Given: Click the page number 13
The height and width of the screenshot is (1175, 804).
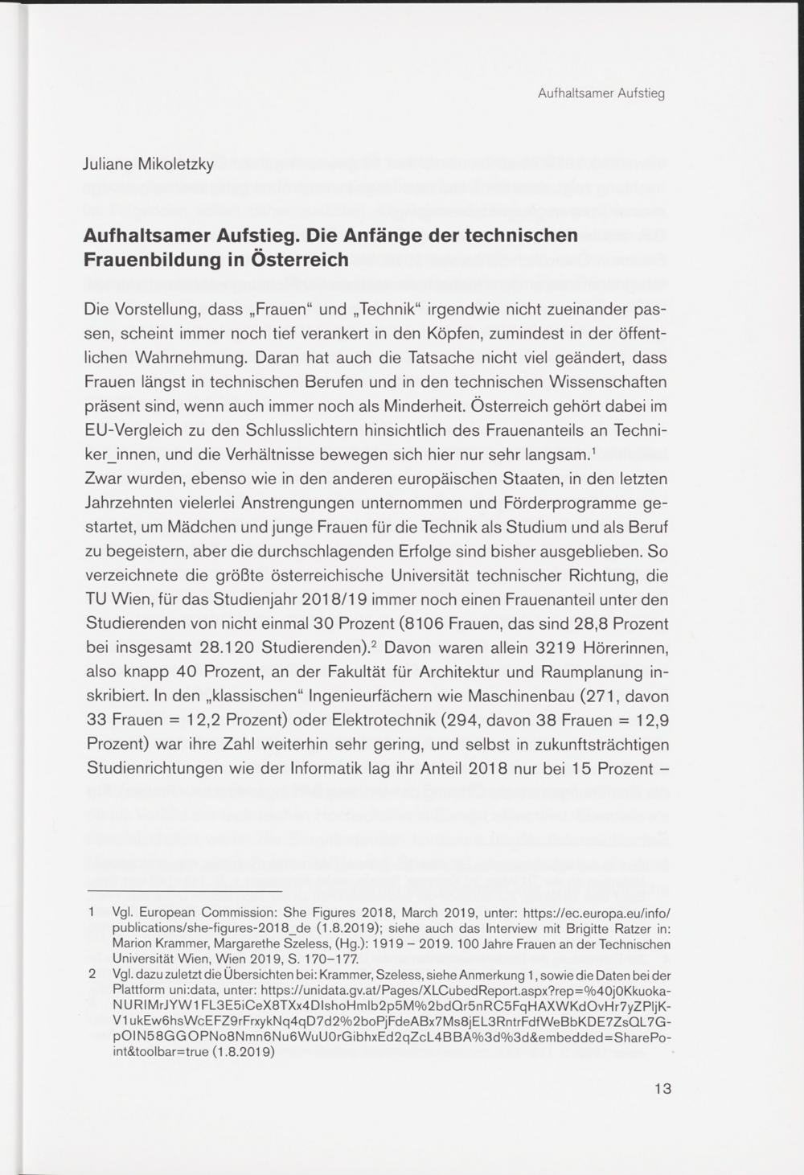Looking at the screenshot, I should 662,1089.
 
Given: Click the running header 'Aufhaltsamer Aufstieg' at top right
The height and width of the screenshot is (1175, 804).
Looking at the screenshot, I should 601,93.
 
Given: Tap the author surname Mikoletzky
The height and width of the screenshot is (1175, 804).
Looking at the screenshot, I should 176,165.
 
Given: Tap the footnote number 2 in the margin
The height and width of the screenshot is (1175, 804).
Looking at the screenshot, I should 92,974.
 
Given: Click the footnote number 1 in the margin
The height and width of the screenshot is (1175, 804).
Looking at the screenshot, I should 92,913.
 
